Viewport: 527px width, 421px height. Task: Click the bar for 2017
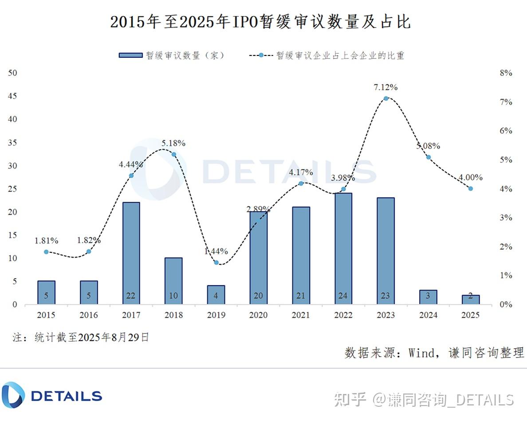131,253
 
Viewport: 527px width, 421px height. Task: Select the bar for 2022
343,248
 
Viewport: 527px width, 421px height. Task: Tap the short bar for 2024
428,297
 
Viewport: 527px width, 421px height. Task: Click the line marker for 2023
386,98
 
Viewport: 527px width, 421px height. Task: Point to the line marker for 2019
216,263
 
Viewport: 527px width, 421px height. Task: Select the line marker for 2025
471,189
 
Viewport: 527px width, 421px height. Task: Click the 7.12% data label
385,87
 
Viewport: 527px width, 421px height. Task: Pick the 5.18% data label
173,143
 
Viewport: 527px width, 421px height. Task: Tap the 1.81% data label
47,241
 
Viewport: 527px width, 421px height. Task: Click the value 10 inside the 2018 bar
173,296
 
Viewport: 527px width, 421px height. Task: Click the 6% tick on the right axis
506,131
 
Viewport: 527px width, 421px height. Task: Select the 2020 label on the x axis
258,315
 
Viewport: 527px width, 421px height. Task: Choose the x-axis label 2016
89,315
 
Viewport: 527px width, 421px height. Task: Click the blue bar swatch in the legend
130,55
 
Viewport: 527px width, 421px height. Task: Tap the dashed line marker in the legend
261,55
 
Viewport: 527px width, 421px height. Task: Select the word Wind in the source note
422,353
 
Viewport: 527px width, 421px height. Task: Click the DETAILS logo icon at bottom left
13,394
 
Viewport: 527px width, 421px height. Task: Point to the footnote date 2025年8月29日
113,338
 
